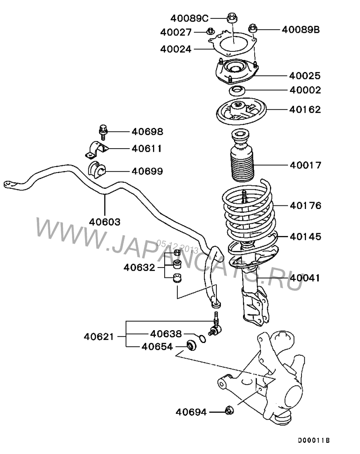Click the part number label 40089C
[x=189, y=18]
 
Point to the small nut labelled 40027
[x=210, y=32]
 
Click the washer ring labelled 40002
[x=237, y=91]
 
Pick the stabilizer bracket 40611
[x=96, y=150]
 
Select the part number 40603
[x=104, y=222]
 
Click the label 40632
[x=139, y=268]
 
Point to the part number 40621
[x=99, y=336]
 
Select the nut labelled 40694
[x=229, y=410]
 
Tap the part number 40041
[x=305, y=278]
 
